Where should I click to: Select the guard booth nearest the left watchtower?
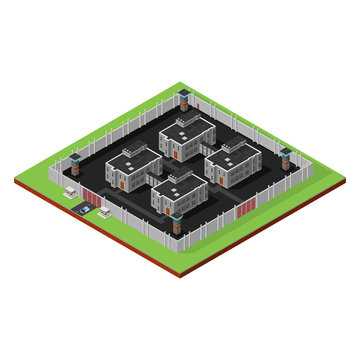coord(69,190)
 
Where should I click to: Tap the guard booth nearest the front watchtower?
coord(104,211)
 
